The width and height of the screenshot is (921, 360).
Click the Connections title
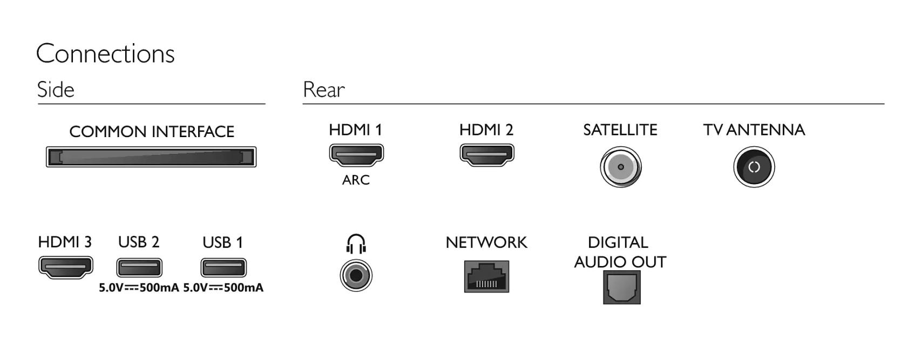coord(105,53)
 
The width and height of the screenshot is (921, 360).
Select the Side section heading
coord(56,89)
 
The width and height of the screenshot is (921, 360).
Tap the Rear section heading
coord(323,89)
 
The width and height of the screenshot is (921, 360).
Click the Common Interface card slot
coord(151,157)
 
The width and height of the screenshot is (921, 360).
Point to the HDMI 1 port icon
coord(356,155)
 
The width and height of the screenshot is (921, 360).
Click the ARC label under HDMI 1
coord(356,180)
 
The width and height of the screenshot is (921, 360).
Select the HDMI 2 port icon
coord(486,155)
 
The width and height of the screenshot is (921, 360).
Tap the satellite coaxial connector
coord(620,167)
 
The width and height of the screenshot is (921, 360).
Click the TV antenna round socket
coord(754,167)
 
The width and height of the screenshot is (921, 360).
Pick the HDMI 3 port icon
coord(66,268)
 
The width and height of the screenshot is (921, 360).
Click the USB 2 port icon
coord(139,268)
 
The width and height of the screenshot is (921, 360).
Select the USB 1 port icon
coord(224,268)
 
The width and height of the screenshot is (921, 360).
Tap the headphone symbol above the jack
coord(356,244)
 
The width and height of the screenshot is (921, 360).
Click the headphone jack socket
coord(356,275)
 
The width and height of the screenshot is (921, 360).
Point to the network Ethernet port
coord(486,276)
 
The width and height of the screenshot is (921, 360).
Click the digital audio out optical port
coord(622,287)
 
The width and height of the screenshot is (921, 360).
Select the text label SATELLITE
coord(620,130)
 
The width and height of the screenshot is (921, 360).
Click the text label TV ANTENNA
coord(754,130)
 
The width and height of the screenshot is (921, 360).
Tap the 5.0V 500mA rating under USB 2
coord(139,288)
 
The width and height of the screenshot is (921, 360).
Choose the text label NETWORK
coord(486,242)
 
